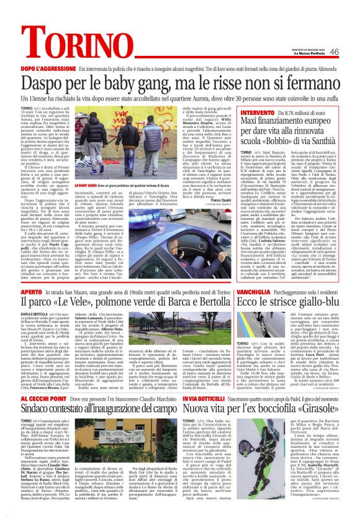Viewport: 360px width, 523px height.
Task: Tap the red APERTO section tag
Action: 30,271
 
